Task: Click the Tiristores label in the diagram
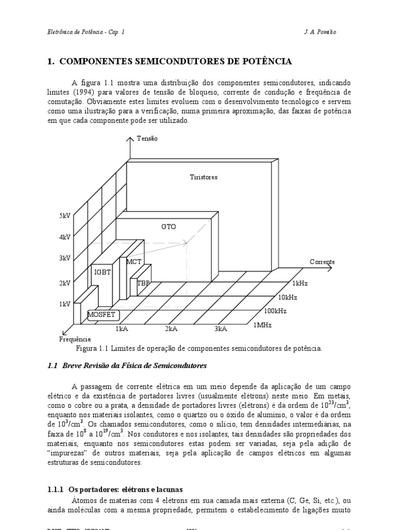coord(204,177)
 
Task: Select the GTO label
coord(168,227)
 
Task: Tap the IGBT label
coord(102,271)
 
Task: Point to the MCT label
coord(134,262)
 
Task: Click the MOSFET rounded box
coord(102,314)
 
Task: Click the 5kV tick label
coord(64,215)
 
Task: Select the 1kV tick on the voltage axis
coord(64,304)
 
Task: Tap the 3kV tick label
coord(64,258)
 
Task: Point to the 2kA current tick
coord(172,329)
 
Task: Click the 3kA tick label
coord(221,329)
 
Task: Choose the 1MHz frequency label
coord(262,325)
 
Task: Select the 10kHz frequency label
coord(288,297)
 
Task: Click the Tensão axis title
coord(147,139)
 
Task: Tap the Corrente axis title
coord(322,262)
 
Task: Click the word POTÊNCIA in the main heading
coord(266,62)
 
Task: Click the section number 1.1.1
coord(54,489)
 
